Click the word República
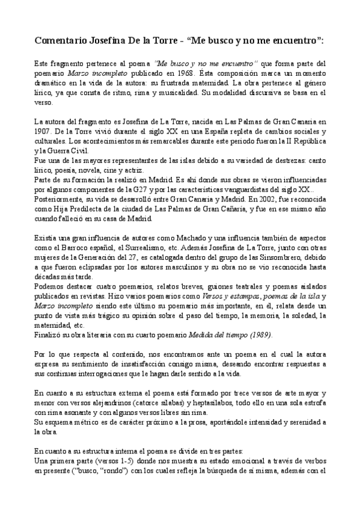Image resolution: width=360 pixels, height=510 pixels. pyautogui.click(x=304, y=140)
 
